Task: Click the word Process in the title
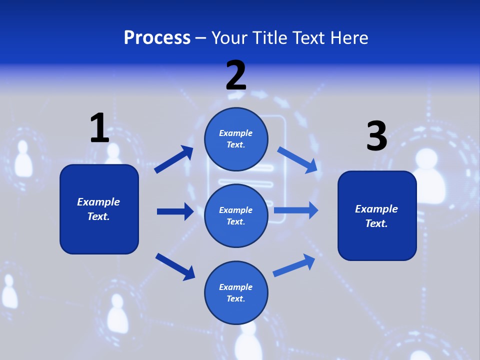pyautogui.click(x=157, y=38)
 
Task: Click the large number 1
pyautogui.click(x=99, y=128)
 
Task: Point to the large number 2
pyautogui.click(x=236, y=75)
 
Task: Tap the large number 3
pyautogui.click(x=376, y=136)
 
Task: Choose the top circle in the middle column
pyautogui.click(x=236, y=139)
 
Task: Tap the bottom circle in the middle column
pyautogui.click(x=236, y=293)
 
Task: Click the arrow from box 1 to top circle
pyautogui.click(x=173, y=159)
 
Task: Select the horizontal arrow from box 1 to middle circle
pyautogui.click(x=175, y=211)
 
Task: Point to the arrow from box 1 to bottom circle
pyautogui.click(x=175, y=266)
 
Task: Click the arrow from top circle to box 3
pyautogui.click(x=297, y=159)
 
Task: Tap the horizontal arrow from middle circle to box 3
pyautogui.click(x=296, y=210)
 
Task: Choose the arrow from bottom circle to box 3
pyautogui.click(x=294, y=265)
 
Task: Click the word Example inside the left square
pyautogui.click(x=98, y=202)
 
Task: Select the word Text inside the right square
pyautogui.click(x=376, y=223)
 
